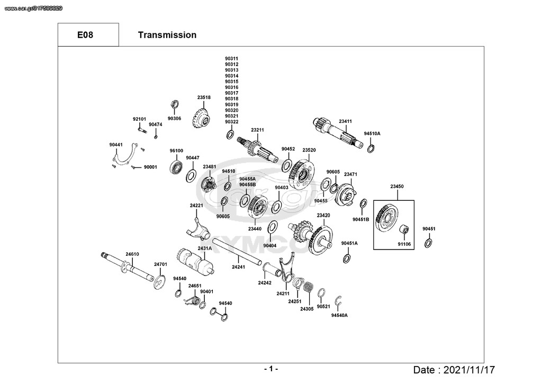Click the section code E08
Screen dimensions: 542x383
[x=85, y=35]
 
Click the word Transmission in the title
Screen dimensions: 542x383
[x=167, y=35]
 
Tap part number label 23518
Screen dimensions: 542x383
[x=204, y=97]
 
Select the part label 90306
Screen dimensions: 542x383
[x=174, y=118]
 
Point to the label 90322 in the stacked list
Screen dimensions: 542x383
[x=232, y=122]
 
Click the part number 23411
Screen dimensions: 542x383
[x=345, y=121]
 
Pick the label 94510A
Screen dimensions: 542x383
[x=372, y=133]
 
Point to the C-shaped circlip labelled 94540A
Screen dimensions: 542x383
[x=339, y=301]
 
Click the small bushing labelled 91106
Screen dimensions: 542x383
[x=404, y=230]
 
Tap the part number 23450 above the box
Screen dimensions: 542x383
[x=397, y=186]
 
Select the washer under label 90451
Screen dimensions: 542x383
[x=428, y=243]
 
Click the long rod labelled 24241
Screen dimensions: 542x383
[x=238, y=252]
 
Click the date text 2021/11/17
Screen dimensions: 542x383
[x=469, y=370]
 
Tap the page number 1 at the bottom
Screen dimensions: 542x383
[x=272, y=369]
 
